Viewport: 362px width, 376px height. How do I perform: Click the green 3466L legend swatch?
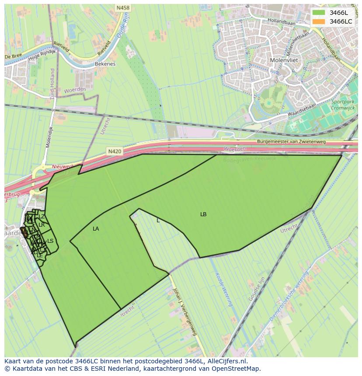pyautogui.click(x=319, y=13)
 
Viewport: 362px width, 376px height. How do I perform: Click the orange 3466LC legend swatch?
pyautogui.click(x=319, y=21)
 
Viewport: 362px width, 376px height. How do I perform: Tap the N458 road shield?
pyautogui.click(x=122, y=8)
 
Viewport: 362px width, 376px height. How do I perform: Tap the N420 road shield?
pyautogui.click(x=114, y=152)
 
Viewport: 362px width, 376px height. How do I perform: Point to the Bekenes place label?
pyautogui.click(x=105, y=64)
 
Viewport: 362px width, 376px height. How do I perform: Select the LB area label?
pyautogui.click(x=203, y=214)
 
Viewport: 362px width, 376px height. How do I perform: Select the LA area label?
pyautogui.click(x=96, y=229)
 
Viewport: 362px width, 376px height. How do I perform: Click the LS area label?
pyautogui.click(x=50, y=241)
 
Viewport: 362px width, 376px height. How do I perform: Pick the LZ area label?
pyautogui.click(x=42, y=217)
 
